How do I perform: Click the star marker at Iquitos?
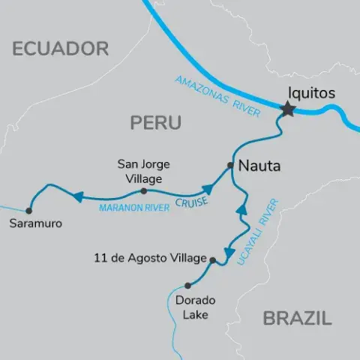(x=287, y=110)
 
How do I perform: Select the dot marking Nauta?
(x=230, y=166)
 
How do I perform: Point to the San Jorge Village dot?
(x=144, y=191)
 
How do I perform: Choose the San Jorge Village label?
(x=144, y=169)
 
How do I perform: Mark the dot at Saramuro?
(x=29, y=210)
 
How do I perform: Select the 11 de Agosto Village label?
(x=150, y=258)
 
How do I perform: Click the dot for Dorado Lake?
(x=187, y=286)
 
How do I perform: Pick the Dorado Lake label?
(x=196, y=307)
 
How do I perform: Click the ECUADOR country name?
(x=61, y=49)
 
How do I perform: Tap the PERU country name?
(x=156, y=122)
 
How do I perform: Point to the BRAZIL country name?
(x=297, y=318)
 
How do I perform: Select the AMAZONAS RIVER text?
(x=218, y=96)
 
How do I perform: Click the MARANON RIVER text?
(x=134, y=206)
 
